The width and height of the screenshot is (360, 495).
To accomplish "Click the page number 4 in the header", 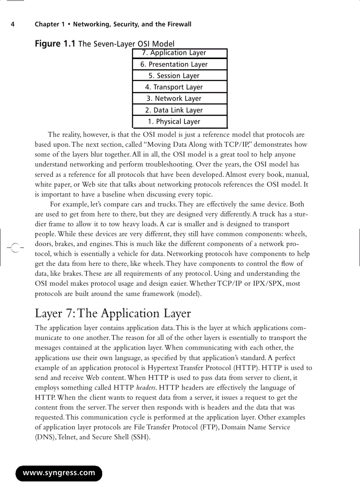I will [13, 24].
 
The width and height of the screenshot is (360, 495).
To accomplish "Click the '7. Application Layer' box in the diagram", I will [180, 53].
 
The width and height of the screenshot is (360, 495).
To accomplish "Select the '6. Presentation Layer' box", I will [180, 64].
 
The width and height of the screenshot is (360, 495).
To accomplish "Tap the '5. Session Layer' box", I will [180, 76].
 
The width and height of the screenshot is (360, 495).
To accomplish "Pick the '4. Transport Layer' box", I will [180, 87].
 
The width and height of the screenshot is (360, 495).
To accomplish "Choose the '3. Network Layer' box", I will [180, 99].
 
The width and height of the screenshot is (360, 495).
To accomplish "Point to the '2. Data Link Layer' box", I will [180, 110].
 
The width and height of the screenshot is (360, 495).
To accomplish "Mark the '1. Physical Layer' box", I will [180, 122].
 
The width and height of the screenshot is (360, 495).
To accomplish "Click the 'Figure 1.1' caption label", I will [55, 43].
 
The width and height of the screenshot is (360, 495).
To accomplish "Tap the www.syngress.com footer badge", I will [59, 473].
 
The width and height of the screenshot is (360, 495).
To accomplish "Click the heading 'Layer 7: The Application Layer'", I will [113, 313].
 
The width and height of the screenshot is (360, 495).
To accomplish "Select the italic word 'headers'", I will [145, 388].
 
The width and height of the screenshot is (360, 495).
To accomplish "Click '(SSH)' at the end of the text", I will [141, 437].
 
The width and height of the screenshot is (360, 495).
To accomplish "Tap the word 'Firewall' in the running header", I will [178, 24].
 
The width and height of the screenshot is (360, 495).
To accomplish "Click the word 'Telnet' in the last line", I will [68, 437].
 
